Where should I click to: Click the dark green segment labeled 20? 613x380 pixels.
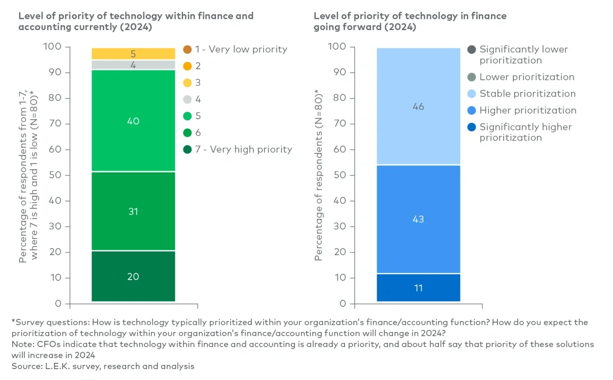coord(133,276)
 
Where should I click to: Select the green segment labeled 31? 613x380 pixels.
coord(133,211)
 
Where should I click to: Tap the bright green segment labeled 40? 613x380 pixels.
coord(133,121)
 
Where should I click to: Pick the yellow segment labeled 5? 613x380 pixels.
coord(133,54)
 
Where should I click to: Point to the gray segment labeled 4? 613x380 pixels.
coord(133,65)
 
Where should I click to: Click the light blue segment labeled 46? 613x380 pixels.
coord(418,107)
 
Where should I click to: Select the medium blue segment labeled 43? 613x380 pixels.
coord(418,219)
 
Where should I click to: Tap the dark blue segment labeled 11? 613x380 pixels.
coord(418,288)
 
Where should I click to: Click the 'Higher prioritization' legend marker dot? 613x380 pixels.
coord(471,111)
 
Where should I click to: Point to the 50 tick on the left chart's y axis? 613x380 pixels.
coord(56,175)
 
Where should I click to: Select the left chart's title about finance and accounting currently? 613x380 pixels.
coord(136,21)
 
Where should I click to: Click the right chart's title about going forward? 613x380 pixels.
coord(410,21)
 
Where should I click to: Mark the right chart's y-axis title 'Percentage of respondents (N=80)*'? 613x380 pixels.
coord(319,174)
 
